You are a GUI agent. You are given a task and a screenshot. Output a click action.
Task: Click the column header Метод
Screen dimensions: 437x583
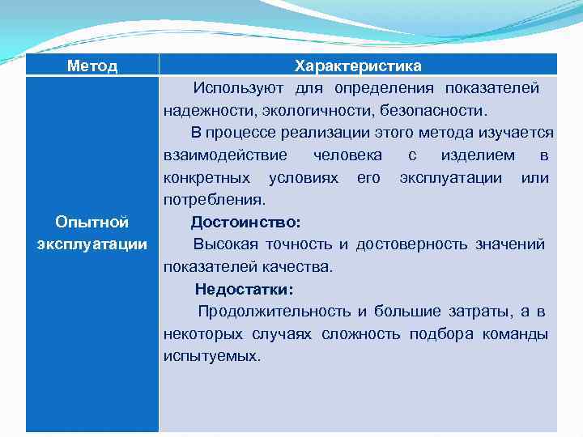click(x=91, y=66)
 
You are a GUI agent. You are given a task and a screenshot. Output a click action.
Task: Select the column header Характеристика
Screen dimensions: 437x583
click(x=358, y=66)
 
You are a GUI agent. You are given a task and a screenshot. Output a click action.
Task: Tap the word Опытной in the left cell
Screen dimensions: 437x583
click(x=92, y=222)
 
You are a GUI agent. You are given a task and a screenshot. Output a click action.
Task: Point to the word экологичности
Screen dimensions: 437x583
click(x=300, y=110)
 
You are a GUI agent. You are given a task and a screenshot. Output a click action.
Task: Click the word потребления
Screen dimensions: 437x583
click(x=213, y=199)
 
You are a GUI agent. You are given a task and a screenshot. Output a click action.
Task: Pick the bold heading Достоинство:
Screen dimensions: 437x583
click(x=245, y=222)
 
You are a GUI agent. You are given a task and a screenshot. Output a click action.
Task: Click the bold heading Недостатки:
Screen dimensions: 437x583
click(x=244, y=289)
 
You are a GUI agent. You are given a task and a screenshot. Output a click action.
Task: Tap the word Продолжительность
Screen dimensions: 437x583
click(x=274, y=312)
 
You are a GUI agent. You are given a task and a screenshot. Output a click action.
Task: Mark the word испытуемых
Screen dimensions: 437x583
click(x=211, y=356)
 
